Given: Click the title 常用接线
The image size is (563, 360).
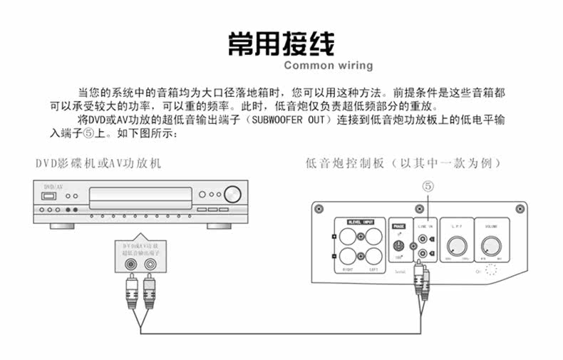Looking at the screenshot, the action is pos(281,43).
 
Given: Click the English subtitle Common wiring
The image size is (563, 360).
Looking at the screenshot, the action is pos(328,66).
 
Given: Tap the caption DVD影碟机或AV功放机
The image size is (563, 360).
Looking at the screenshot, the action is pos(98,163).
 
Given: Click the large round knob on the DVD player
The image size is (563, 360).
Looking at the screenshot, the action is pos(232,194).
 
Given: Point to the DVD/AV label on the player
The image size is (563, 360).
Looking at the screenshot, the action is pos(53,187).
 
